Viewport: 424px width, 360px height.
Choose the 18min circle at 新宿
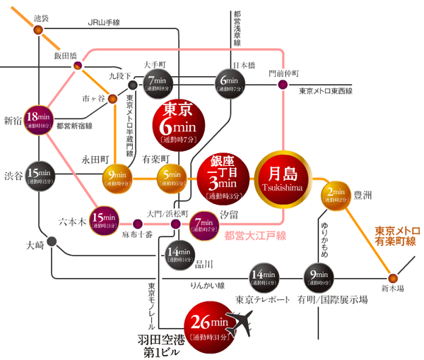[x=40, y=121]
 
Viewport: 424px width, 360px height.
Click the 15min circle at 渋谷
[x=39, y=176]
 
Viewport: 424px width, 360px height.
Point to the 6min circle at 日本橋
[x=230, y=84]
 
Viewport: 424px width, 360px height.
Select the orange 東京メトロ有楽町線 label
[x=396, y=236]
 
